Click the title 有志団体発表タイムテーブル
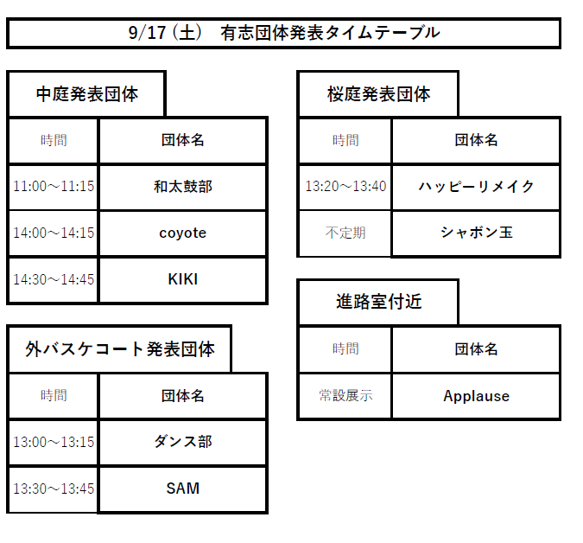pos(330,33)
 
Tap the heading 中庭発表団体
pos(87,94)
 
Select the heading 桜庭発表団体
pos(379,94)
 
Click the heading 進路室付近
pos(379,302)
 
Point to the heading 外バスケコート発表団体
pos(120,349)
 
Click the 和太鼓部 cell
pos(183,187)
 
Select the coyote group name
pos(183,233)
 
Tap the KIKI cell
pos(183,279)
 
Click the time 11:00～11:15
pos(54,186)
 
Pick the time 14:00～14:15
pos(54,233)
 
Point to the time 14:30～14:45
pos(54,279)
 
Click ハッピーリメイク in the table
pos(476,187)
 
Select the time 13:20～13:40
pos(345,186)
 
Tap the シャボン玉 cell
pos(476,233)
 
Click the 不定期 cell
pos(345,233)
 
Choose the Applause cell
pos(476,396)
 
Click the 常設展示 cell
pos(345,396)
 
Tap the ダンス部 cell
pos(183,442)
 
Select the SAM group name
pos(183,489)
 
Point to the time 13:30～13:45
pos(54,489)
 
